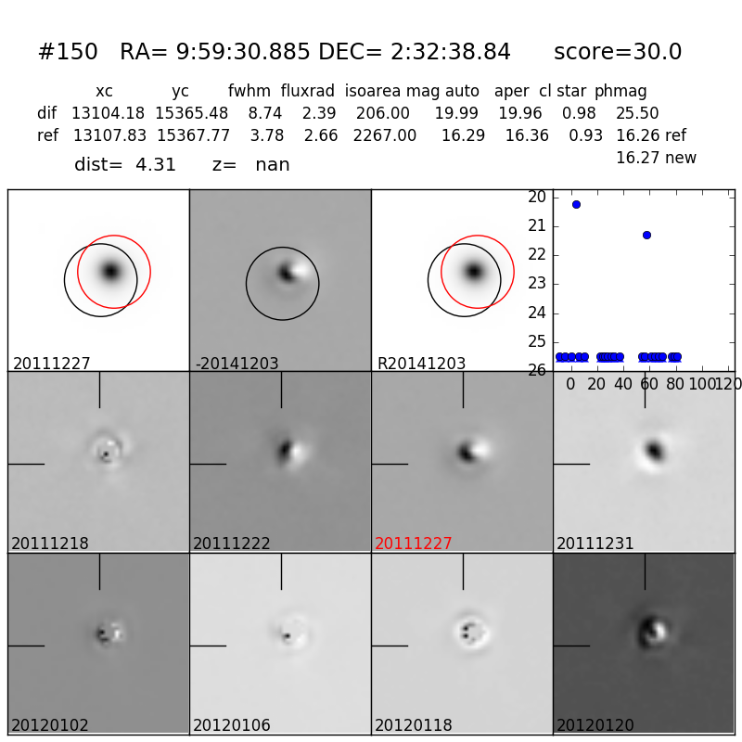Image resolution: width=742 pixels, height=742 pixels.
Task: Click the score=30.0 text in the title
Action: (617, 53)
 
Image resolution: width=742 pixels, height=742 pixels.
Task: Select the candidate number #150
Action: (68, 53)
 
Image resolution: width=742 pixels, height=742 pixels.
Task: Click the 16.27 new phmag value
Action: (656, 159)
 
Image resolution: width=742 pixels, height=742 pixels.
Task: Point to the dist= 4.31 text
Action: (125, 165)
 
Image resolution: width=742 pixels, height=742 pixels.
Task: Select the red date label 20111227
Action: (414, 544)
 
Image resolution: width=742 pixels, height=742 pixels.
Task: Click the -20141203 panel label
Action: (237, 364)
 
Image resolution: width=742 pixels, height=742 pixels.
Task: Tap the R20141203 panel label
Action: (421, 364)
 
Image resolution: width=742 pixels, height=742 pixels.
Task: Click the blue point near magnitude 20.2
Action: (576, 204)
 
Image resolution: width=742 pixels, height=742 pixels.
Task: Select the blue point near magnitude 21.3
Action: (646, 235)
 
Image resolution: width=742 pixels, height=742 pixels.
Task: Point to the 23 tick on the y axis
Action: (537, 284)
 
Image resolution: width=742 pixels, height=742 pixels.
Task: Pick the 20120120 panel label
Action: (597, 725)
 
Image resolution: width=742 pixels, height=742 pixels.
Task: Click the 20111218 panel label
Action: (50, 544)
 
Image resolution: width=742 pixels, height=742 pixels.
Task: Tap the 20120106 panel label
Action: (232, 725)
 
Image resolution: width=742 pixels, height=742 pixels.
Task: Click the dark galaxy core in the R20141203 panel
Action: (474, 271)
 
